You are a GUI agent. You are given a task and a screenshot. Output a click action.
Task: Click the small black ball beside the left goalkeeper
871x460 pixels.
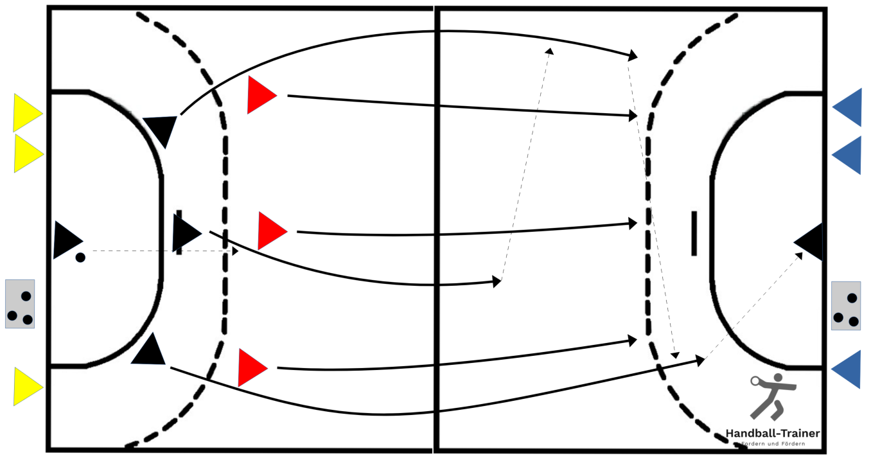[80, 258]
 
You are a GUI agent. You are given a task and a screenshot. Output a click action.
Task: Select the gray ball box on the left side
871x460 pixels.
[20, 304]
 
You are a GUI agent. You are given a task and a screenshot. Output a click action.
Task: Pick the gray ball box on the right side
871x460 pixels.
[846, 306]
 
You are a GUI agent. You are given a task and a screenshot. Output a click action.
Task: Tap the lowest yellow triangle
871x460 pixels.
[26, 387]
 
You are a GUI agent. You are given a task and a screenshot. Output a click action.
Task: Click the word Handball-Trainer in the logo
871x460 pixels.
[773, 433]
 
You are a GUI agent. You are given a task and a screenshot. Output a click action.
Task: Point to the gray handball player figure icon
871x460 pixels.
[773, 396]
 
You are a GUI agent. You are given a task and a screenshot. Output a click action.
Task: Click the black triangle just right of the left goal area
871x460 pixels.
[185, 233]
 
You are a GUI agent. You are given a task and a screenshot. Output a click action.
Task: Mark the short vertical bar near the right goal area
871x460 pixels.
[694, 233]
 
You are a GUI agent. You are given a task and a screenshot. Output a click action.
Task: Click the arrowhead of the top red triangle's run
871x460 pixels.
[633, 116]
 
